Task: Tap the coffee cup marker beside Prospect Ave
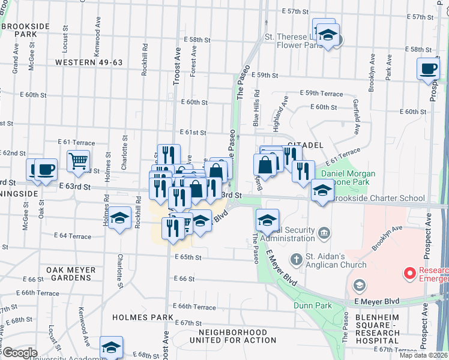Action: [x=428, y=68]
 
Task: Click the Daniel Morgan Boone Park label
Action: [x=348, y=178]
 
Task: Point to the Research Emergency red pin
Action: [x=410, y=274]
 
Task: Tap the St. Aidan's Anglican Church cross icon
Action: [x=295, y=260]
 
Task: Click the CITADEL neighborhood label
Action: [x=306, y=146]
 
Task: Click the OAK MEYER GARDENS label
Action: [x=68, y=274]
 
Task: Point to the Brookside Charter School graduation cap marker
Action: [x=323, y=192]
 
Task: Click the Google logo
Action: [x=20, y=352]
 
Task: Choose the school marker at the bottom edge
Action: [x=110, y=347]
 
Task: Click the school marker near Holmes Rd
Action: [x=120, y=218]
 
